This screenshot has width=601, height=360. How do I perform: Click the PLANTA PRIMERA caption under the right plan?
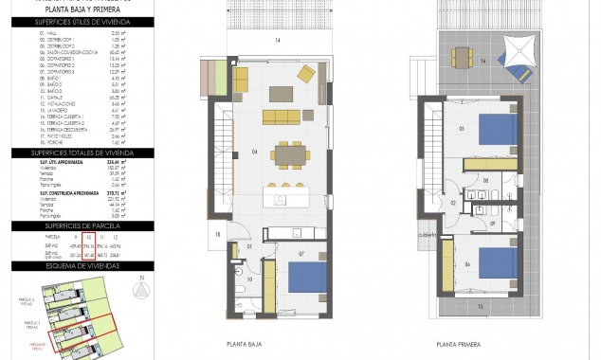(458, 345)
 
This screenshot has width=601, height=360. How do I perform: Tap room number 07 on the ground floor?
(300, 254)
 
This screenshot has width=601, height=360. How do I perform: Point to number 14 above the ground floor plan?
(278, 41)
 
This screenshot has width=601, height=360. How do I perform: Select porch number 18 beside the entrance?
(217, 234)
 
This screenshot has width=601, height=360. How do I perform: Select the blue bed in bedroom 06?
(494, 261)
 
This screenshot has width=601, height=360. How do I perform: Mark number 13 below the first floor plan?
(480, 307)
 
